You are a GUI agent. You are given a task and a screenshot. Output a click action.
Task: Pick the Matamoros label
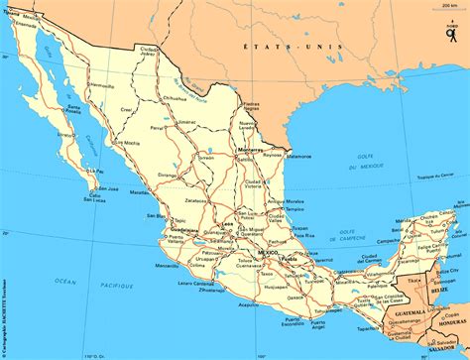coord(299,156)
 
